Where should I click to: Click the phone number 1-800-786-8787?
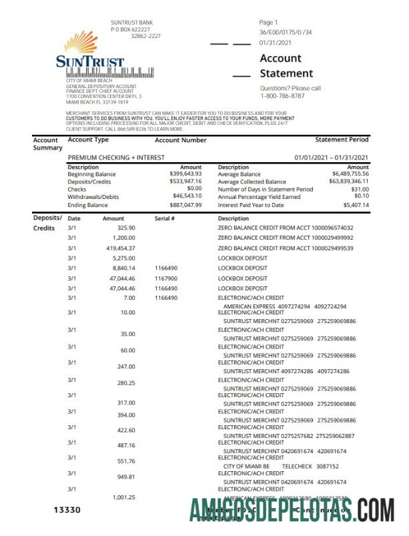point(283,96)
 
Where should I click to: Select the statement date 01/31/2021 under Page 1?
point(276,42)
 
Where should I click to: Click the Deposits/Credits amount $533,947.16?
point(185,182)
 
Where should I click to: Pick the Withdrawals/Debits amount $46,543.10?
point(187,198)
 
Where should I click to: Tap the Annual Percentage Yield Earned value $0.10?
point(361,197)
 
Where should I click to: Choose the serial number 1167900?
point(165,278)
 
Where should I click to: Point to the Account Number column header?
point(180,141)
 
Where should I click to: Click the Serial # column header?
point(164,219)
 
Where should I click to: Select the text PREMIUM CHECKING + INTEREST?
point(117,157)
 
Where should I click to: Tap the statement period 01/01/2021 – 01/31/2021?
point(332,157)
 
